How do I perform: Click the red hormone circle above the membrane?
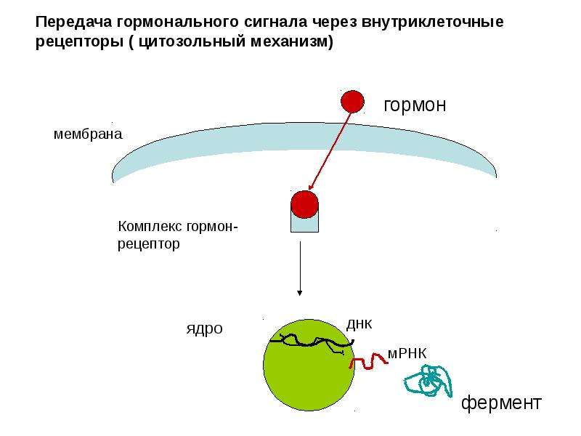tap(352, 102)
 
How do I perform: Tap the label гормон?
tap(415, 105)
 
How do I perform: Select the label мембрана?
tap(88, 134)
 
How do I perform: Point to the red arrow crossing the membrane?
tap(330, 151)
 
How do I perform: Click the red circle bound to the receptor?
tap(304, 204)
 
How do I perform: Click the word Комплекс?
tap(150, 226)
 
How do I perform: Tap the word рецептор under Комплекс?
tap(149, 244)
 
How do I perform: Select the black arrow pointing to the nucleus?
tap(300, 268)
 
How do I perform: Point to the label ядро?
tap(205, 329)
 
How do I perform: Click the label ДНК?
tap(359, 324)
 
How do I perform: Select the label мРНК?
tap(407, 354)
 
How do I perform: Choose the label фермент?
tap(501, 403)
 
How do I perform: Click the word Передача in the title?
tap(73, 22)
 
